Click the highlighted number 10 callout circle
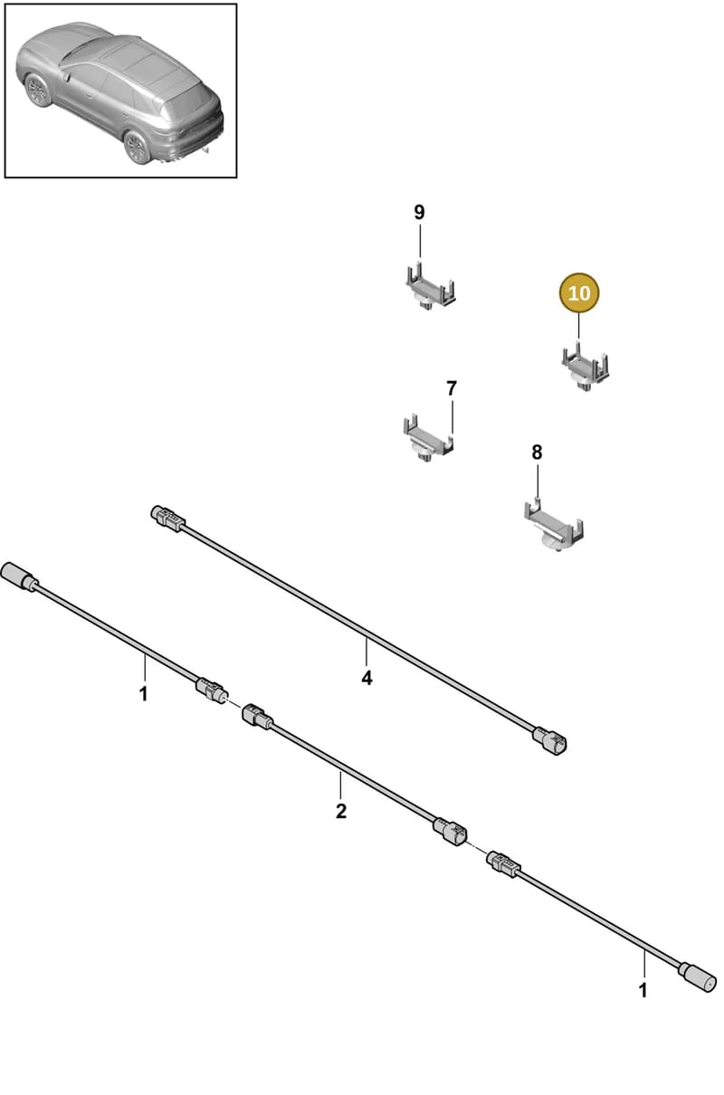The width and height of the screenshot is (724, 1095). tap(579, 292)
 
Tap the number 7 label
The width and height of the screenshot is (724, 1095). tap(452, 388)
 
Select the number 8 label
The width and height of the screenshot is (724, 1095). tap(537, 452)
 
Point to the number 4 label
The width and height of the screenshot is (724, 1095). tap(367, 678)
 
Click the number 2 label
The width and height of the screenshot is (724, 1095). tap(341, 811)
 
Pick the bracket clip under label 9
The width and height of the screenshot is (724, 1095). tap(431, 288)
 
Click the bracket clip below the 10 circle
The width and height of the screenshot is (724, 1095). tap(585, 367)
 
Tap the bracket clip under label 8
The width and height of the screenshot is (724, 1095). tap(553, 526)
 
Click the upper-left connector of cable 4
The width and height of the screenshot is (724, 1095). tap(167, 519)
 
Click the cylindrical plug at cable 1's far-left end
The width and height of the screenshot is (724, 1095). tap(20, 576)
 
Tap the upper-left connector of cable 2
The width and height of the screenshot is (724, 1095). tap(258, 717)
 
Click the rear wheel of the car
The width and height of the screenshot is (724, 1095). tap(137, 147)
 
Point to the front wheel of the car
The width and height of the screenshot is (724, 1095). tap(38, 90)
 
